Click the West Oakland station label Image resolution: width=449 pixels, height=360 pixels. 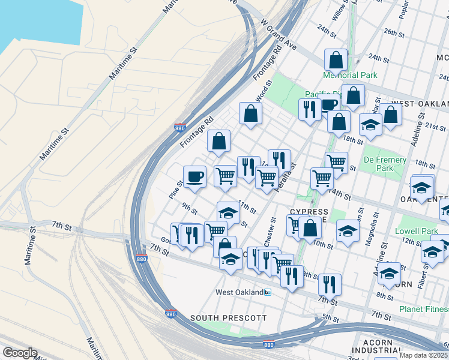pyautogui.click(x=240, y=292)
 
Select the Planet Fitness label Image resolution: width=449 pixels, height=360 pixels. pyautogui.click(x=424, y=310)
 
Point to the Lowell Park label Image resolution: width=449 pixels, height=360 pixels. pyautogui.click(x=417, y=231)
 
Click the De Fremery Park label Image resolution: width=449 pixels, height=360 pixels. pyautogui.click(x=385, y=164)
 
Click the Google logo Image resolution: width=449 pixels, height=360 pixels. pyautogui.click(x=20, y=353)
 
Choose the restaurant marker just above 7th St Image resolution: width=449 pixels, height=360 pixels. pyautogui.click(x=329, y=284)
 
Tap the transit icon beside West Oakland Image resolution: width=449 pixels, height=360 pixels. pyautogui.click(x=268, y=292)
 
